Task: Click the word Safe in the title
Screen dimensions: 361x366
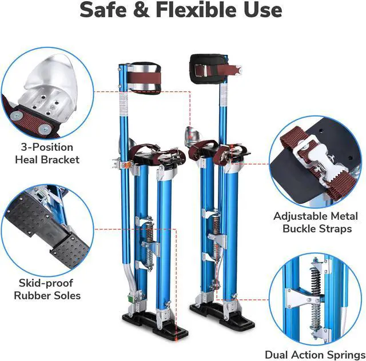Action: tap(106, 10)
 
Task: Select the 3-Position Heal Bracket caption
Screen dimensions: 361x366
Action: tap(47, 154)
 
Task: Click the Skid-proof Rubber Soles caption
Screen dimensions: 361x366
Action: tap(47, 289)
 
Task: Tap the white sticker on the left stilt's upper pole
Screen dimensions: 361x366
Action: tap(123, 103)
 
